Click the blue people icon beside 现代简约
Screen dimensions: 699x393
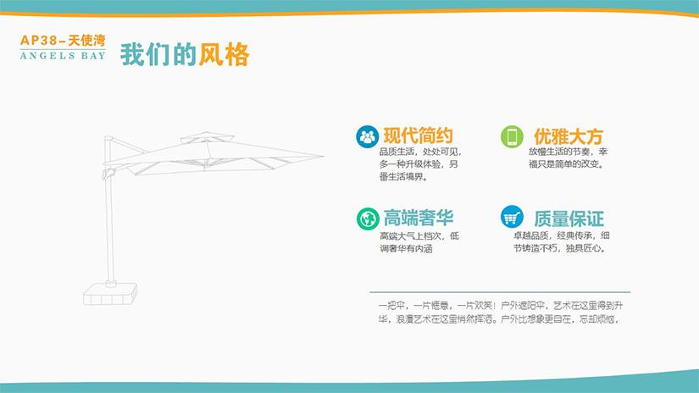click(368, 137)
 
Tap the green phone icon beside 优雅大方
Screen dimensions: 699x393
click(512, 136)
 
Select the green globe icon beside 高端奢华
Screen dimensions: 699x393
click(368, 219)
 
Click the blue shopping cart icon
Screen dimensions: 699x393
click(512, 217)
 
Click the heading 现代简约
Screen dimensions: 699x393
click(419, 136)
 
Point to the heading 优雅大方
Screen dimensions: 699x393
click(569, 136)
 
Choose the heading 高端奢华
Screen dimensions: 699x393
click(419, 218)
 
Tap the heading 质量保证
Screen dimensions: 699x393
click(569, 219)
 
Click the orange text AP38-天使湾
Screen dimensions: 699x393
click(63, 41)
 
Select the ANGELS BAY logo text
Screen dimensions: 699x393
click(63, 56)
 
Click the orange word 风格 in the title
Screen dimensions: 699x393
click(224, 55)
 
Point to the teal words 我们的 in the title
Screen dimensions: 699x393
click(158, 55)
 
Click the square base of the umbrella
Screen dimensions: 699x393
click(110, 294)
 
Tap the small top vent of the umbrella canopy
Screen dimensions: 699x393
click(207, 137)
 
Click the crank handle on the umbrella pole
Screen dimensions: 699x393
click(108, 173)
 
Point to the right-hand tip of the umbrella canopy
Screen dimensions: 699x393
click(323, 156)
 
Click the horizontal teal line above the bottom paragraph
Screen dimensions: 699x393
click(500, 292)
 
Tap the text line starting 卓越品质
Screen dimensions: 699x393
click(561, 235)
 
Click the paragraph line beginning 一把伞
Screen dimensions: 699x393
click(501, 306)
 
